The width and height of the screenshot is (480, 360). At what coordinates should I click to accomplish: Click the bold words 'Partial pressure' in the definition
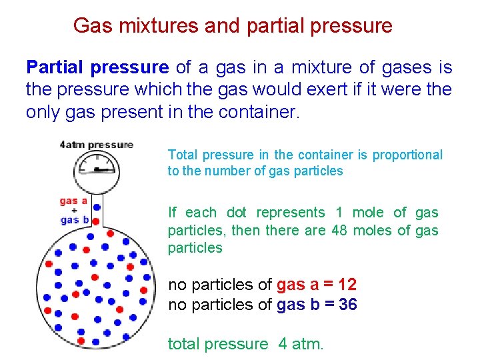pos(97,67)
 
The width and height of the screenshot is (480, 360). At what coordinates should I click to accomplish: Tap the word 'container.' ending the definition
pos(257,111)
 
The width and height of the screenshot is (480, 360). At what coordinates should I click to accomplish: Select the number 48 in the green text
pos(341,230)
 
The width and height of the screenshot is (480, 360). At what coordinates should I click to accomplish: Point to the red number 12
pos(347,285)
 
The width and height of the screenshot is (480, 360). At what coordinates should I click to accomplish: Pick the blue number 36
pos(347,305)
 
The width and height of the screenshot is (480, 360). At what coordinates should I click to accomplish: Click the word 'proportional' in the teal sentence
pos(407,155)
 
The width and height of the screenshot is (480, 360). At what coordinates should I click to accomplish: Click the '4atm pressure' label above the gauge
pos(96,145)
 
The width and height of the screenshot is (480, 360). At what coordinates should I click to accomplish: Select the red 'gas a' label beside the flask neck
pos(73,200)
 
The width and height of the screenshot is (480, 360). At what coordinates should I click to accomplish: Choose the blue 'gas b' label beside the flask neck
pos(73,219)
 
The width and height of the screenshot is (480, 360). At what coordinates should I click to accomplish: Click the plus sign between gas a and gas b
pos(73,210)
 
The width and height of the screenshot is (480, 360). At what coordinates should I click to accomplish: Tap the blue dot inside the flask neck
pos(97,207)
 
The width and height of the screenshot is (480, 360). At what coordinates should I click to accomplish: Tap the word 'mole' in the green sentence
pos(368,213)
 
